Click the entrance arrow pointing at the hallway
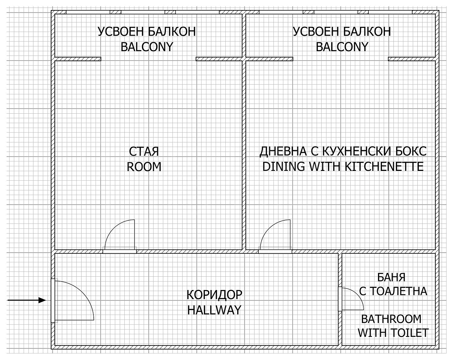pyautogui.click(x=27, y=300)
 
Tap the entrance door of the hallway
pyautogui.click(x=72, y=300)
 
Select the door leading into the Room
pyautogui.click(x=120, y=236)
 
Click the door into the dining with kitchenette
pyautogui.click(x=275, y=236)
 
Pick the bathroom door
pyautogui.click(x=351, y=299)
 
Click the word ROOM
pyautogui.click(x=144, y=167)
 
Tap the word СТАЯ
pyautogui.click(x=144, y=152)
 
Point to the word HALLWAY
pyautogui.click(x=214, y=310)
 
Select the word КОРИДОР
pyautogui.click(x=214, y=295)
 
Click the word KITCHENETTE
pyautogui.click(x=384, y=167)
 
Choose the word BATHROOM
pyautogui.click(x=391, y=319)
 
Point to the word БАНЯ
pyautogui.click(x=391, y=277)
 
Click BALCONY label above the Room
pyautogui.click(x=147, y=47)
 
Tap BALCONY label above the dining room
pyautogui.click(x=342, y=47)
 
